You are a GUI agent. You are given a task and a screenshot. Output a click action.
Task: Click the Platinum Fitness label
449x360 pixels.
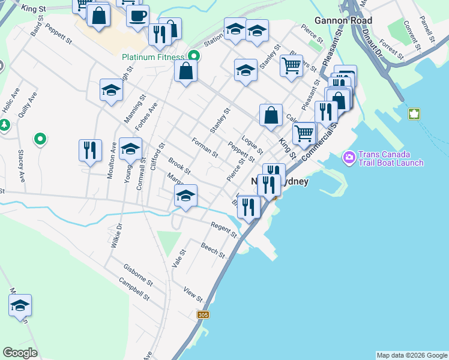pyautogui.click(x=152, y=57)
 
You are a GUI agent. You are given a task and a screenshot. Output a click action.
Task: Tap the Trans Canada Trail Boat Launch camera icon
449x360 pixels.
pyautogui.click(x=349, y=158)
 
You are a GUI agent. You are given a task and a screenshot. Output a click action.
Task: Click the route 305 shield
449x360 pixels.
pyautogui.click(x=203, y=314)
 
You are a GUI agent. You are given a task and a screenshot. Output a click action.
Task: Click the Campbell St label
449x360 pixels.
pyautogui.click(x=133, y=289)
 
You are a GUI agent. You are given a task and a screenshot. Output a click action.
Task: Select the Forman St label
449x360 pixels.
pyautogui.click(x=205, y=147)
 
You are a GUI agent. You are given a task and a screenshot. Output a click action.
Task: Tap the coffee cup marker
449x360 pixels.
pyautogui.click(x=137, y=16)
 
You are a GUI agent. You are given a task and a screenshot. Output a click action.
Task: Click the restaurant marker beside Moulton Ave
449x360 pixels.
pyautogui.click(x=90, y=150)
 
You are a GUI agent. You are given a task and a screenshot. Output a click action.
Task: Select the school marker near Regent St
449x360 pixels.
pyautogui.click(x=185, y=196)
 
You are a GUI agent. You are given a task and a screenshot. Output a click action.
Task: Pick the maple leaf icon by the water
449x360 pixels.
pyautogui.click(x=414, y=114)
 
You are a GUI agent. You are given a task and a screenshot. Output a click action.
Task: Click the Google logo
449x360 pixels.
pyautogui.click(x=20, y=353)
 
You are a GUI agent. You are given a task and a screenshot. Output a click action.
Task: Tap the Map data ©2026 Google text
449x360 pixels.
pyautogui.click(x=412, y=355)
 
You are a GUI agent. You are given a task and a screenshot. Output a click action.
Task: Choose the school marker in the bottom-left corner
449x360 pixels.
pyautogui.click(x=20, y=305)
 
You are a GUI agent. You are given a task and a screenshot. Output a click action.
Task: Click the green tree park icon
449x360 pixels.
pyautogui.click(x=5, y=125)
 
